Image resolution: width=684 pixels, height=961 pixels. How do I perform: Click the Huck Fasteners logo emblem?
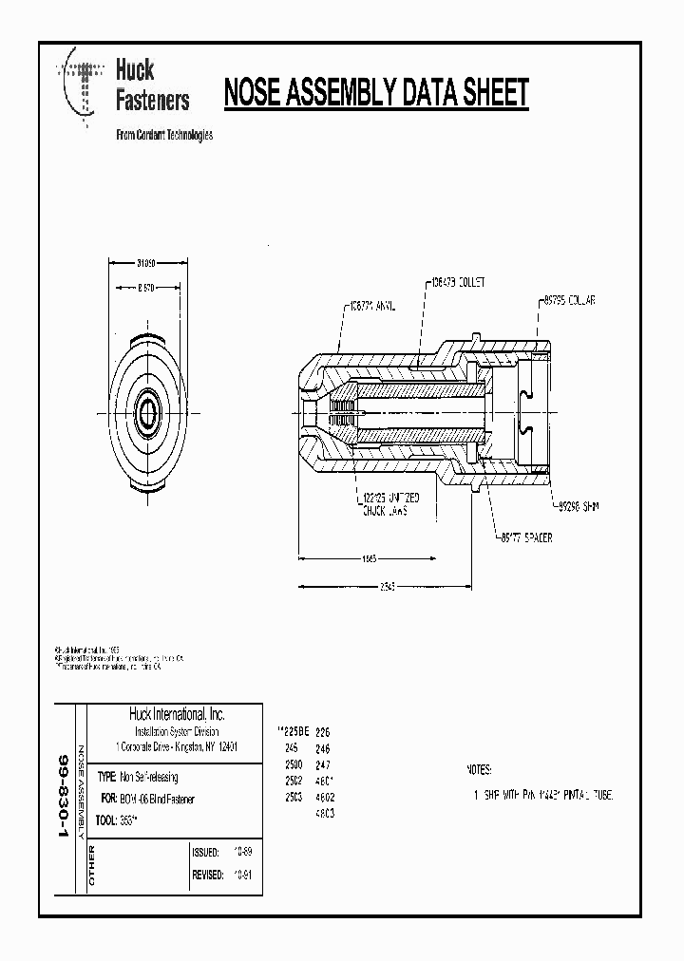[83, 83]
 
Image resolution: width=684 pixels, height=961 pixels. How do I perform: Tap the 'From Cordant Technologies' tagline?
[163, 135]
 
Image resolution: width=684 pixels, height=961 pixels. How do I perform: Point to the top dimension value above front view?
[145, 263]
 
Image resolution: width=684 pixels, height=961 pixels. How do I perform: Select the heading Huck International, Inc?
[177, 715]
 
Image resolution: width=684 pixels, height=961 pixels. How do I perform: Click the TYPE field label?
[106, 776]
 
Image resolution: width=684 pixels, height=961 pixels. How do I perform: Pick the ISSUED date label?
[206, 852]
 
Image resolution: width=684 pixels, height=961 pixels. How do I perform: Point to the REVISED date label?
[208, 875]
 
